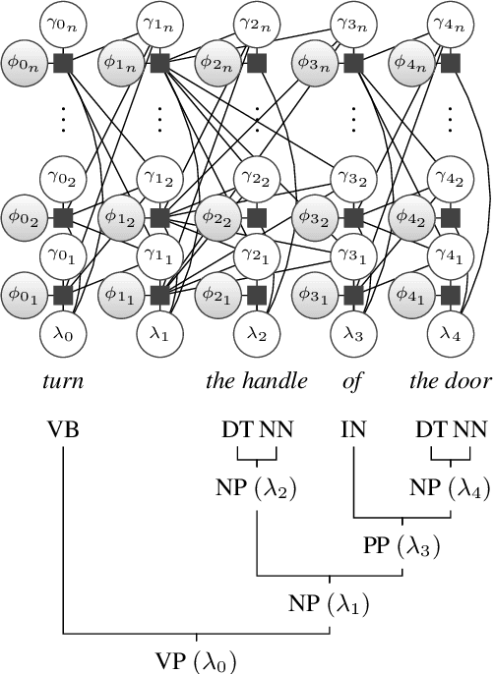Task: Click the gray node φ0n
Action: pos(22,65)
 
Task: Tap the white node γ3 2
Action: pos(353,178)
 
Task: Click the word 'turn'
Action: pos(64,381)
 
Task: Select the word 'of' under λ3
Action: pos(352,381)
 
